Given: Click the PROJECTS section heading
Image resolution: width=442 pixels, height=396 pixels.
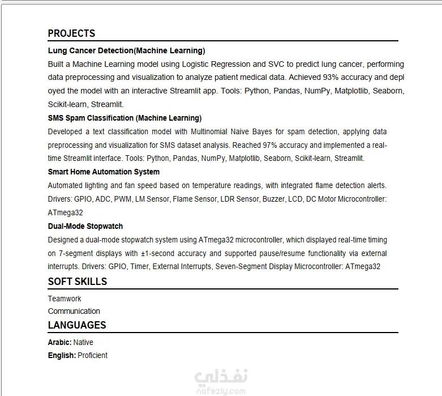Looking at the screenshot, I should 71,33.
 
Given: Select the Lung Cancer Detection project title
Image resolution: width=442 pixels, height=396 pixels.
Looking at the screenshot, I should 126,50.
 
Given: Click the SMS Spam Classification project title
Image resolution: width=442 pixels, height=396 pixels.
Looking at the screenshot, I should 125,118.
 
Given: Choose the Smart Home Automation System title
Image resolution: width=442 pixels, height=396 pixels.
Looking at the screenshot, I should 104,172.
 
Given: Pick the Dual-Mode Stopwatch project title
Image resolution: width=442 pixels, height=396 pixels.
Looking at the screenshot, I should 85,226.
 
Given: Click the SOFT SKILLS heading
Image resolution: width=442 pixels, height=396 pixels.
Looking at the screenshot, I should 77,282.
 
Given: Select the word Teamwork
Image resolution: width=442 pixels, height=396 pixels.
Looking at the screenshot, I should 65,299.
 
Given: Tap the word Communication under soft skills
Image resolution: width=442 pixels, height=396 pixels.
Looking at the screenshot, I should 74,311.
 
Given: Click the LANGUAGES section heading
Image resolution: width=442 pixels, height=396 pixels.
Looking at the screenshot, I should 77,325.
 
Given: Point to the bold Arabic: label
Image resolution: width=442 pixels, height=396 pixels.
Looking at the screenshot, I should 59,342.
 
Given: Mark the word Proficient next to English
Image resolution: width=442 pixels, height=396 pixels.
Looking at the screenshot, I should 92,355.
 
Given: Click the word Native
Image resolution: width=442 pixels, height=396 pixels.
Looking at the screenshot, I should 83,342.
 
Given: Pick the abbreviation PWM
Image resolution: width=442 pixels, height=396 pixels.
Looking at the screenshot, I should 122,199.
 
